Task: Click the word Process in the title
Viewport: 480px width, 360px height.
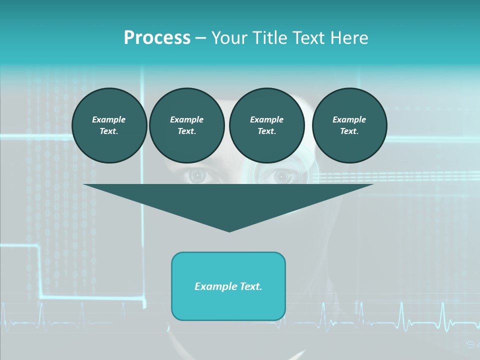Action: (157, 38)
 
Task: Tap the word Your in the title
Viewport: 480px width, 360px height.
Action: (229, 38)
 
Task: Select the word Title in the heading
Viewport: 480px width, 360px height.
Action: (267, 38)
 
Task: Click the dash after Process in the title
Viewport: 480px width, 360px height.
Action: (201, 38)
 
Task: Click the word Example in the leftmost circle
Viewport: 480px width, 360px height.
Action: (109, 119)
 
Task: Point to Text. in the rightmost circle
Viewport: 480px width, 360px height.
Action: (349, 131)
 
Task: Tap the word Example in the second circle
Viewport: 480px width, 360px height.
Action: (186, 119)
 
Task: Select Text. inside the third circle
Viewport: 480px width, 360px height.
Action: (266, 131)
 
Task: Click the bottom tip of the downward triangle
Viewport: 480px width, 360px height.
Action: (229, 230)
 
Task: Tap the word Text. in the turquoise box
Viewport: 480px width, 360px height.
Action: (249, 286)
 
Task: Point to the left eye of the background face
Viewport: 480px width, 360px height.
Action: (198, 176)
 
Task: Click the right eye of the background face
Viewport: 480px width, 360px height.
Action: (282, 176)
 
